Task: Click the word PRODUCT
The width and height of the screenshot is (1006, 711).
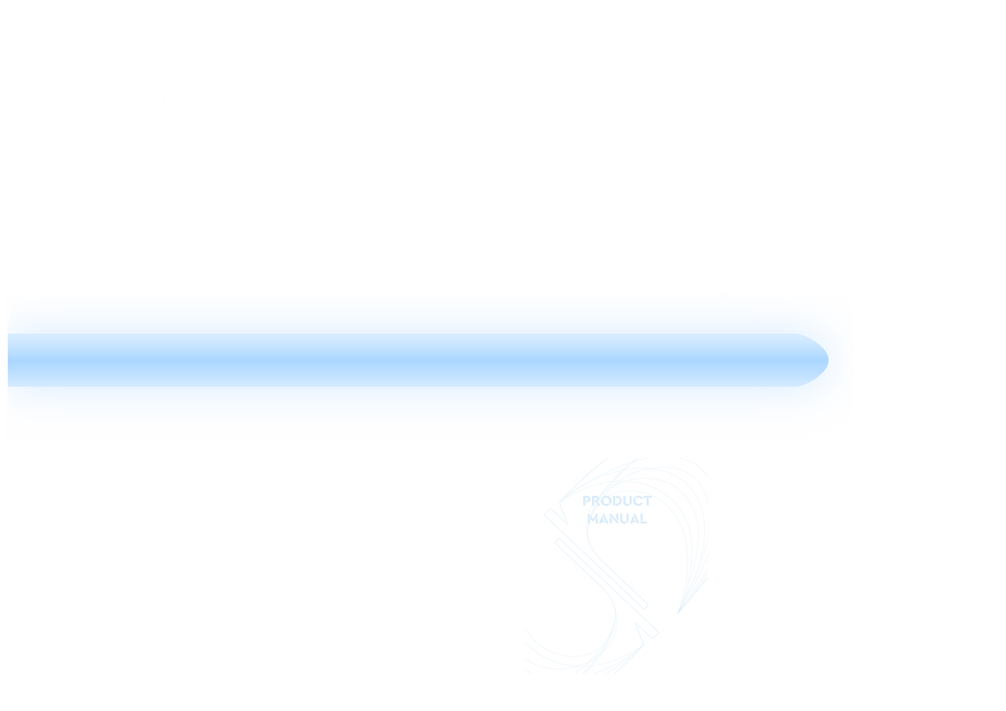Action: [616, 501]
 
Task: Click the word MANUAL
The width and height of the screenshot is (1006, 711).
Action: [616, 519]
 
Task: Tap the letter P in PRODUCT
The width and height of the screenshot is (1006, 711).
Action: [586, 501]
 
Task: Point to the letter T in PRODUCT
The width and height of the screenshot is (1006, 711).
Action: [647, 501]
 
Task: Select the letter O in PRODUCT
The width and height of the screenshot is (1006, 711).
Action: [606, 501]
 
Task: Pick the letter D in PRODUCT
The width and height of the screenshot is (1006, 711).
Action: [617, 501]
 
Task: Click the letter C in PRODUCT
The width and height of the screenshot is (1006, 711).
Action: [638, 501]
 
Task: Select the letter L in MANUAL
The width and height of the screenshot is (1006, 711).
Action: [644, 519]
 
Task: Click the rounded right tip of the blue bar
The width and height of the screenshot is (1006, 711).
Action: [828, 360]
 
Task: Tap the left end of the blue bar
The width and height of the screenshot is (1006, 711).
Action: [8, 360]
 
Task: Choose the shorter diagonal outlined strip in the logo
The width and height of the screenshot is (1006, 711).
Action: [602, 573]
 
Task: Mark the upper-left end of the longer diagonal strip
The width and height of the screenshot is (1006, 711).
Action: [547, 512]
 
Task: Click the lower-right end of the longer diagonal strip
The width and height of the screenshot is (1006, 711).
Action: [656, 635]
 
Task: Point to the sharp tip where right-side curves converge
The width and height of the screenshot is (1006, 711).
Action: [677, 613]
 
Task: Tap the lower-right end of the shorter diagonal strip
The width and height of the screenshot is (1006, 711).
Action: [646, 607]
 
